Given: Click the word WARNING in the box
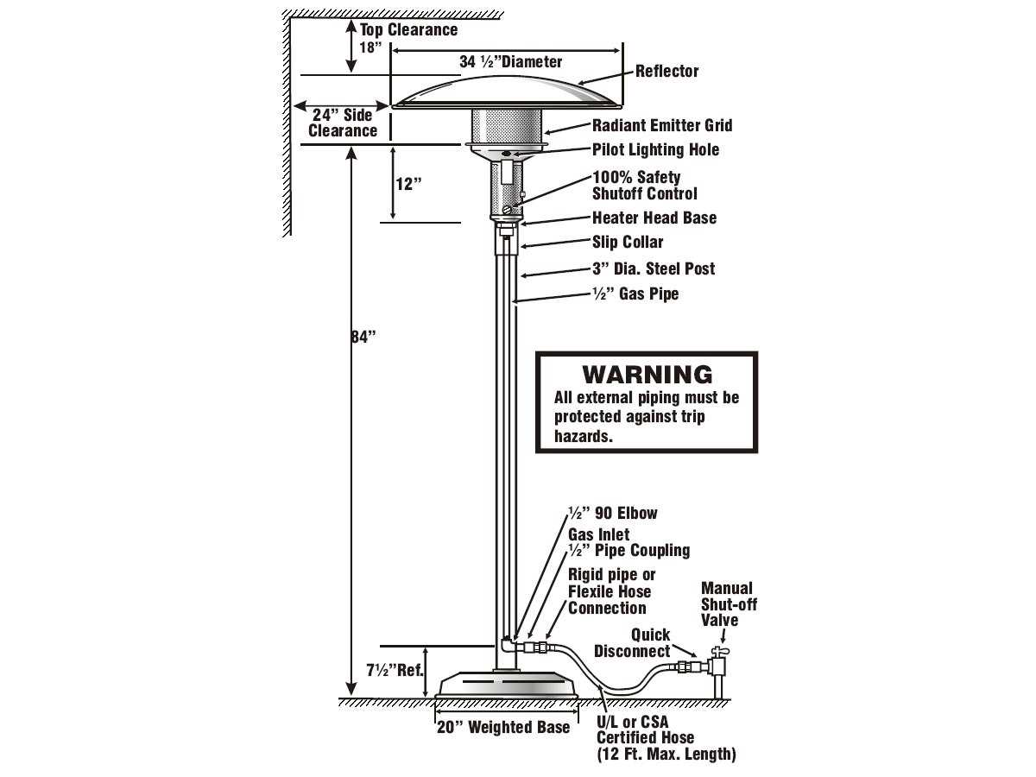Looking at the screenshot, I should pos(647,375).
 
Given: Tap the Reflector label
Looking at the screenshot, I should pos(666,72).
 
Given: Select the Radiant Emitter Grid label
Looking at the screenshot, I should pos(661,126).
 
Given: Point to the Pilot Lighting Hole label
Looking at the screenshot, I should pos(655,150).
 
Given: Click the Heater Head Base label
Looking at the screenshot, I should pos(654,218).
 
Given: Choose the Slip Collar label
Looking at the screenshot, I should pos(628,243).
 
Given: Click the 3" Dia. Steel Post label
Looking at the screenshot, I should pos(653,269).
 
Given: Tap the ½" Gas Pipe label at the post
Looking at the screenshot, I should pos(635,294).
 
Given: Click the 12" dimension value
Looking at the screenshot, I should pos(408,184).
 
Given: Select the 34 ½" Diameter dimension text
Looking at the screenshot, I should pos(510,62).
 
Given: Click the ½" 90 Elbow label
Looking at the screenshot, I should pos(612,514).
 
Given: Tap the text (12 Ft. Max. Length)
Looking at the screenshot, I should pos(666,755).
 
